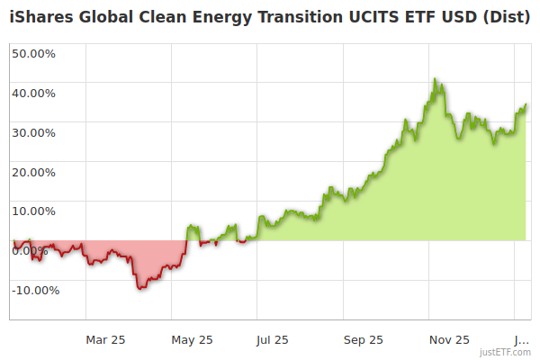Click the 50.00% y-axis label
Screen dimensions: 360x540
[x=33, y=53]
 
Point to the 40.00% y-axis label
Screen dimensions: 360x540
[x=33, y=93]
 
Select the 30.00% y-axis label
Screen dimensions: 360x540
[x=33, y=132]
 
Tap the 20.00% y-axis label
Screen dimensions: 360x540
[x=33, y=172]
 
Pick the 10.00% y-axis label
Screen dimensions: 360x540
[x=33, y=211]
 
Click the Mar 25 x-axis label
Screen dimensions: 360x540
[x=105, y=339]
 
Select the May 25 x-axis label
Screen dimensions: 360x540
[x=193, y=339]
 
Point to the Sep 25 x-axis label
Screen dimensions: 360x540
[x=364, y=339]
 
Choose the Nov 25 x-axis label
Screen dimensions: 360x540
[x=449, y=339]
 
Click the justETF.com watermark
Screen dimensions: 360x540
[x=505, y=352]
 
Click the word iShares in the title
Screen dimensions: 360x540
[x=41, y=17]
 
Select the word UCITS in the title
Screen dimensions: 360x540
[x=367, y=17]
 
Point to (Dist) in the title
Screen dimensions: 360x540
[x=506, y=17]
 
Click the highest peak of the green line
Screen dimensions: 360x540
[x=435, y=79]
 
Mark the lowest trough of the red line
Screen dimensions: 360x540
[x=139, y=288]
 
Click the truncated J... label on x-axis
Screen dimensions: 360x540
[x=520, y=339]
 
